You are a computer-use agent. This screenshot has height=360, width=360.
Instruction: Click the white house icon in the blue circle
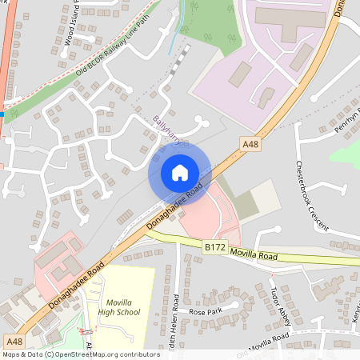click(179, 172)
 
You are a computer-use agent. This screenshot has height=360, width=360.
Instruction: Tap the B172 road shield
click(214, 249)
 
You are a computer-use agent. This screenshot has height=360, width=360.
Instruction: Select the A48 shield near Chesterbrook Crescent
click(250, 144)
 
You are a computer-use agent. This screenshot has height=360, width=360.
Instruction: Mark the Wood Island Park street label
click(74, 26)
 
